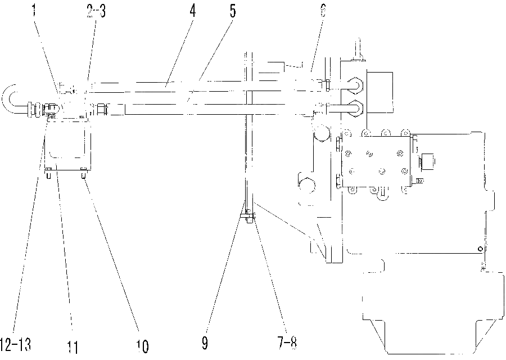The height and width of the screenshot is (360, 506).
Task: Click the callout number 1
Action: pos(34,11)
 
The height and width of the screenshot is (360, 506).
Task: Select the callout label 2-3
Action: pos(96,11)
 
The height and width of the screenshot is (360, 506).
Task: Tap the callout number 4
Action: pos(192,11)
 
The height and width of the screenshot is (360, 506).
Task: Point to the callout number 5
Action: pos(233,11)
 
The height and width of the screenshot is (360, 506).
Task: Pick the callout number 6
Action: pos(323,11)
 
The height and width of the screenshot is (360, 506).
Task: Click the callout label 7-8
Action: pos(287,343)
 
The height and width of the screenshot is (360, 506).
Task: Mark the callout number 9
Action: pos(205,343)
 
